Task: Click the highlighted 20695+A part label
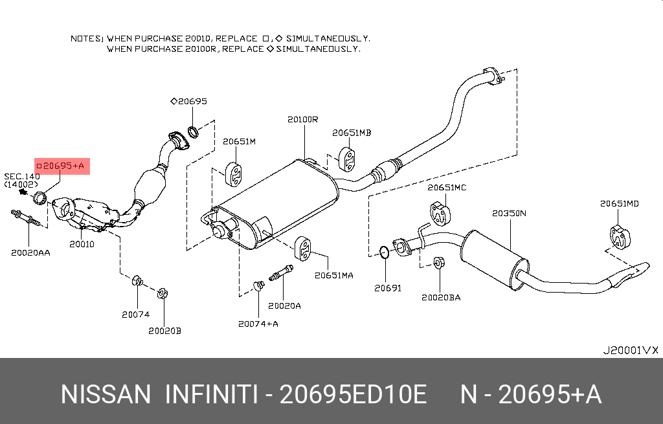[62, 166]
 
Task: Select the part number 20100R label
[303, 120]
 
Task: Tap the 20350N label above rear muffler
[509, 212]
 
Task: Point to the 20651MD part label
[619, 203]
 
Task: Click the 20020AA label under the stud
[30, 252]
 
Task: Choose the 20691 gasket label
[388, 287]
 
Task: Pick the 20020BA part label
[441, 297]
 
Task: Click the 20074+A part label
[258, 324]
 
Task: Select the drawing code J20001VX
[630, 350]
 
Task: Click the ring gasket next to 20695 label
[193, 132]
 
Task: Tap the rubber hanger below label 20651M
[234, 173]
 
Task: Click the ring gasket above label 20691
[383, 251]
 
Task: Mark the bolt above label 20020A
[280, 274]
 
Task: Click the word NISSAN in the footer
[106, 394]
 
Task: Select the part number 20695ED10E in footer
[353, 394]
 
